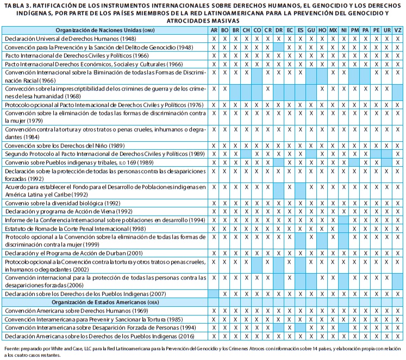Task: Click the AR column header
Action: [214, 30]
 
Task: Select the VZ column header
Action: [398, 30]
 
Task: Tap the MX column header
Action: [333, 30]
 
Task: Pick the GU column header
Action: [311, 30]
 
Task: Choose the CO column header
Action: [257, 30]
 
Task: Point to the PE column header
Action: [376, 30]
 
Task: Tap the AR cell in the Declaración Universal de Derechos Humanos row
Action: [214, 39]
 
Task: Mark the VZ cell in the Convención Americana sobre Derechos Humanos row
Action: [398, 311]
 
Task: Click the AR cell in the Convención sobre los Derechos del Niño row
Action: [214, 146]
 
